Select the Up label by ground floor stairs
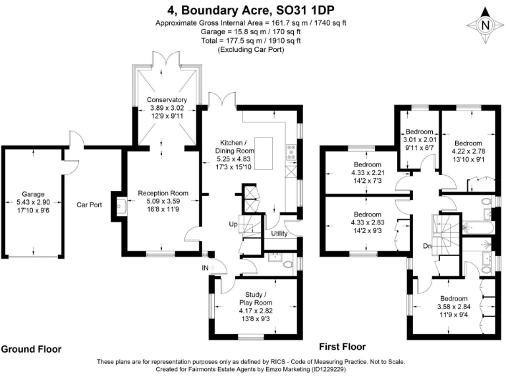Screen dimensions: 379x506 pos(233,224)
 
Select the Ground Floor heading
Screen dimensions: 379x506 pos(31,349)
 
